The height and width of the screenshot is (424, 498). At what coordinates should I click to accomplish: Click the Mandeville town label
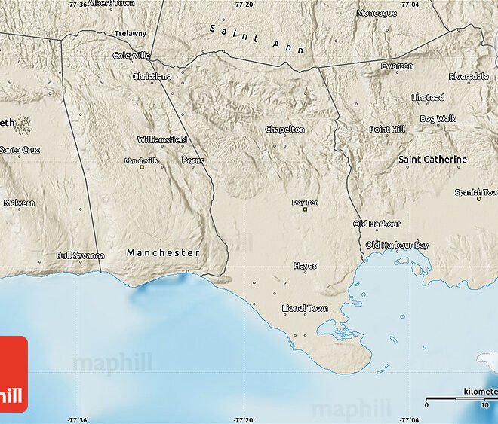(x=142, y=160)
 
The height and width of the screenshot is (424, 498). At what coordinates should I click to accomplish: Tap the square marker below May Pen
(x=305, y=210)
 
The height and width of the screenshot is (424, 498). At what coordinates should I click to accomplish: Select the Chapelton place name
(x=285, y=130)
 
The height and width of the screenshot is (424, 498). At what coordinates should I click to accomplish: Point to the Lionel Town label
(x=305, y=308)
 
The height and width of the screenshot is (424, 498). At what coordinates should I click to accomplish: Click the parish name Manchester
(x=163, y=252)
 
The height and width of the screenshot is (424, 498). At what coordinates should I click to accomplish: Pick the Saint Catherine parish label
(x=432, y=160)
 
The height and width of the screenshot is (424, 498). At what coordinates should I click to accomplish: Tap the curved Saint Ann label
(x=257, y=38)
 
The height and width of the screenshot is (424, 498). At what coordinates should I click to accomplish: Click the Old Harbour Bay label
(x=397, y=246)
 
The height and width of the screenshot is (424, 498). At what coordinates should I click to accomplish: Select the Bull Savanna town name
(x=80, y=255)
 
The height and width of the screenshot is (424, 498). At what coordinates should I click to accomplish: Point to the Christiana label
(x=152, y=77)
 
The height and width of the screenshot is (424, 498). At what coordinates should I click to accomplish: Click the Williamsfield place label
(x=161, y=140)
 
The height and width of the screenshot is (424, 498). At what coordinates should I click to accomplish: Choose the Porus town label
(x=192, y=160)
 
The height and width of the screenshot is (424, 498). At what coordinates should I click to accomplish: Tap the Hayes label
(x=305, y=266)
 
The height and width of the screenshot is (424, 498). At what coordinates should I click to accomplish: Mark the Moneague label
(x=377, y=13)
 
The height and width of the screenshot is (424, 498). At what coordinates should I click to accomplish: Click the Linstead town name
(x=427, y=98)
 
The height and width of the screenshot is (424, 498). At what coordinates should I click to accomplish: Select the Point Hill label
(x=387, y=130)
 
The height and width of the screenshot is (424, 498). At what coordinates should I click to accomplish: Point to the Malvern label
(x=19, y=203)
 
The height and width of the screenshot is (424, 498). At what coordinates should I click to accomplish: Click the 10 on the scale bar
(x=484, y=405)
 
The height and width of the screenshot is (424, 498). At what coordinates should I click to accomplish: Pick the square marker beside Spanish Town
(x=478, y=200)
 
